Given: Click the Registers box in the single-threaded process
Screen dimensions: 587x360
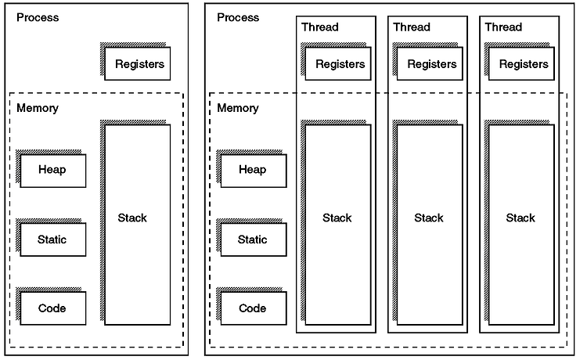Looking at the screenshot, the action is click(137, 63).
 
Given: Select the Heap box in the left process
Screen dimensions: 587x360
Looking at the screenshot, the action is click(52, 171).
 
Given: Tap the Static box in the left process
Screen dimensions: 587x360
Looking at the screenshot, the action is click(52, 239).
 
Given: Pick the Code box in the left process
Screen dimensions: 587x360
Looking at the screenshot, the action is click(52, 308).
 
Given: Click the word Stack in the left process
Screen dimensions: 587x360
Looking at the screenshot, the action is click(132, 218).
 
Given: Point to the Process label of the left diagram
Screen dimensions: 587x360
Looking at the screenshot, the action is click(38, 17).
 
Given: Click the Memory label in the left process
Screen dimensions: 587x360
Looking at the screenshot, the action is click(38, 108).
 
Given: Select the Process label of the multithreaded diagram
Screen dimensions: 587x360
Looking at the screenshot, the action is click(238, 17).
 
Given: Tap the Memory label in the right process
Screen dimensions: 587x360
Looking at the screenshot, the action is click(238, 108).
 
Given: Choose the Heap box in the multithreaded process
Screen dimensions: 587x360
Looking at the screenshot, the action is click(254, 171).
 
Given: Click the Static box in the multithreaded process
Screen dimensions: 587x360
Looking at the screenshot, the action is click(254, 239).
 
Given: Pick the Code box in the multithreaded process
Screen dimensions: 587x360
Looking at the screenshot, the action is click(254, 308).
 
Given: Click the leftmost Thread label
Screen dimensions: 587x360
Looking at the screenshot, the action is click(320, 27).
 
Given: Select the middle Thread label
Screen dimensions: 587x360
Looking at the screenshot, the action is click(412, 27).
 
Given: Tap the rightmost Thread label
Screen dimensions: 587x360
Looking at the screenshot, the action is click(503, 27).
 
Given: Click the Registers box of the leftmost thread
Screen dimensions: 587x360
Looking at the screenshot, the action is click(338, 63).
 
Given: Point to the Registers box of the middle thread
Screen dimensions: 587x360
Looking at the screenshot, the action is click(430, 63).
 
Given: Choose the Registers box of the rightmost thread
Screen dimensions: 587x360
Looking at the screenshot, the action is click(521, 63).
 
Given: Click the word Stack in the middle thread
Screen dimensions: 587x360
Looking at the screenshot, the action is click(429, 218).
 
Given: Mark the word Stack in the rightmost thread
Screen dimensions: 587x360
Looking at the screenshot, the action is click(520, 218).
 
